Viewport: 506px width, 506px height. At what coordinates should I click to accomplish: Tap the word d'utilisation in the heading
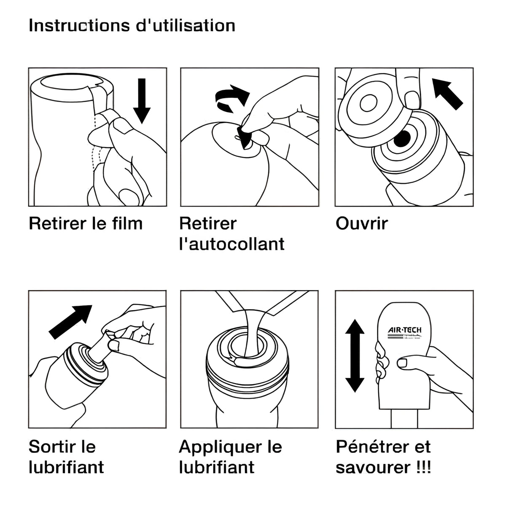186,26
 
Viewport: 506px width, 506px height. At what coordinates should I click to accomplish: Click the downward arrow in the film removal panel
142,101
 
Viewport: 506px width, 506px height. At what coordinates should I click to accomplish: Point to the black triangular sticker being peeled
244,137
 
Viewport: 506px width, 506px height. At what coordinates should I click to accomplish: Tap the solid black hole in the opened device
402,138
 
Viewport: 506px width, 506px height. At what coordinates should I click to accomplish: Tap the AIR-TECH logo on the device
404,333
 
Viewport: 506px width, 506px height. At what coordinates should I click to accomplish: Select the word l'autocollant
232,244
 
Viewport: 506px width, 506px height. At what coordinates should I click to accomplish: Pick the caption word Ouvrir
362,224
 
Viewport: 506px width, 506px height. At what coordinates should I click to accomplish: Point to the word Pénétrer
372,447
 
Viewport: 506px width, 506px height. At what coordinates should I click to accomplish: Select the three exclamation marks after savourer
423,467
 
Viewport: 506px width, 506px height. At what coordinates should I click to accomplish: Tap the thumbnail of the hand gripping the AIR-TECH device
402,363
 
